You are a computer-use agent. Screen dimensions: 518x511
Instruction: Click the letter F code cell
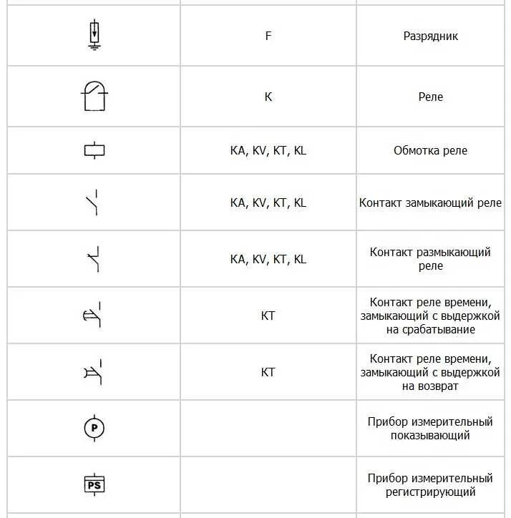(268, 36)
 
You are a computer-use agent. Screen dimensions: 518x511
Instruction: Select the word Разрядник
(430, 36)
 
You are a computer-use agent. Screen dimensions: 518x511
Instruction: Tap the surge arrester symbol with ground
(94, 35)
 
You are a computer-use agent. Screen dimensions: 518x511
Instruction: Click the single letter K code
(268, 97)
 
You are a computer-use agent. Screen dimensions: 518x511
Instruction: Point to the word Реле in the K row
(430, 97)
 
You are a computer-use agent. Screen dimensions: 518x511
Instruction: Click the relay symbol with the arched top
(94, 96)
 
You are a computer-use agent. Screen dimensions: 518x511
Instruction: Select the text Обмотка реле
(430, 150)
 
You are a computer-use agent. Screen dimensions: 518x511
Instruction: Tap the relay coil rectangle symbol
(94, 150)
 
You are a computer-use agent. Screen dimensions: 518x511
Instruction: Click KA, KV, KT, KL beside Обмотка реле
(268, 150)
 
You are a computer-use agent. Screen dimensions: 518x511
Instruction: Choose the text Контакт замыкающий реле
(430, 202)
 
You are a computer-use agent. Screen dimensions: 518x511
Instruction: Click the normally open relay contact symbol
(94, 202)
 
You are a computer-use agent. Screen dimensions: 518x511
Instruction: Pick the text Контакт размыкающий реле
(430, 259)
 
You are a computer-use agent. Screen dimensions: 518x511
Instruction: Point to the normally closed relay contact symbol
(94, 259)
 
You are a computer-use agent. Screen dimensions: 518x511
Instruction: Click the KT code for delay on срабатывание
(268, 316)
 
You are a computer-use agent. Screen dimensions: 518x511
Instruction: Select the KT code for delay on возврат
(268, 372)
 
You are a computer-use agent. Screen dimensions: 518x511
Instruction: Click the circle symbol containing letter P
(94, 428)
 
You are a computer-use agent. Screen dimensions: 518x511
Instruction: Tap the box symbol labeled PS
(94, 484)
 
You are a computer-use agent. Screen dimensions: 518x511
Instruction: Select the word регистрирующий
(430, 492)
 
